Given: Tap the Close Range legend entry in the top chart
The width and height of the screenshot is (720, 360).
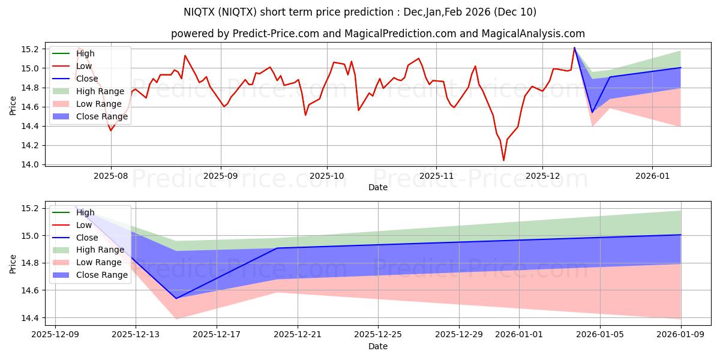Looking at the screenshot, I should pos(101,116).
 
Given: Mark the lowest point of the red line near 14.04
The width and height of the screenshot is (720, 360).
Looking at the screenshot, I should pos(503,160).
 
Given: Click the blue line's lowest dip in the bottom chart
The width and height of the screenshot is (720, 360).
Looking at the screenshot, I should pos(176,298).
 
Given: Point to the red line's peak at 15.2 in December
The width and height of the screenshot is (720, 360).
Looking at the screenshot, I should pos(574,48).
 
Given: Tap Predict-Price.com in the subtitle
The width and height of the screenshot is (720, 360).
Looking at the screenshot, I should pos(271,34).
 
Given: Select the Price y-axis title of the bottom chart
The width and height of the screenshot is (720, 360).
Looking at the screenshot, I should pos(13,263).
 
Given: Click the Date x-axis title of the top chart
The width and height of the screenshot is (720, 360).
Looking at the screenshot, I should pos(378,187).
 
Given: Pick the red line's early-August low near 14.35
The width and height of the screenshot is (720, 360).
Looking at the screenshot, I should pos(110,130).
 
